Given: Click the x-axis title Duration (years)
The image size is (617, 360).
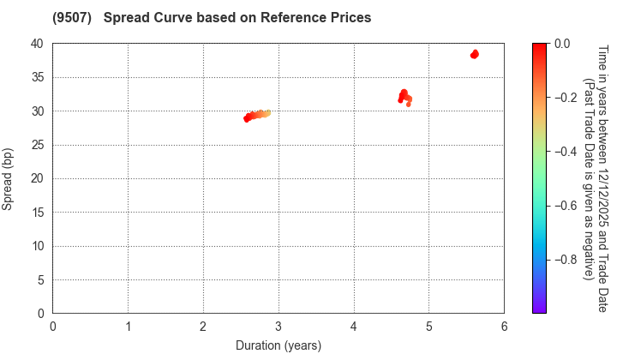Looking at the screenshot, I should click(x=278, y=345).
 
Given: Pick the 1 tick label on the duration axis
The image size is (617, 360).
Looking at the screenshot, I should click(x=129, y=326).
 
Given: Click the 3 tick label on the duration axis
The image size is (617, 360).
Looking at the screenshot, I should click(x=279, y=326).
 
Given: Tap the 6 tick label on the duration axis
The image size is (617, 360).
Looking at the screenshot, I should click(x=504, y=326).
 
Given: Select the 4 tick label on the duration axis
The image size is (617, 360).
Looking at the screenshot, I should click(x=354, y=326).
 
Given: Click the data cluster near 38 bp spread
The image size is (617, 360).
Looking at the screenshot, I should click(x=474, y=54).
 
